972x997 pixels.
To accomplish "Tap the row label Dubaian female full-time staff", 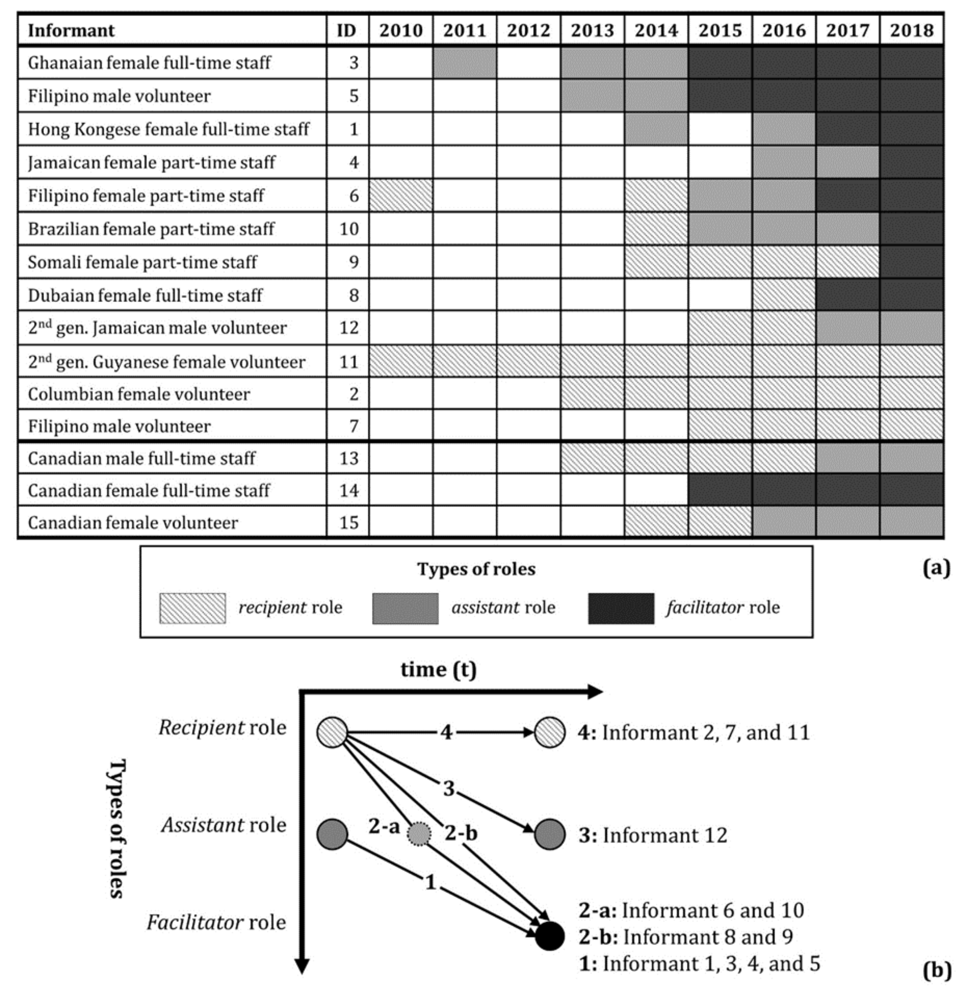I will (145, 295).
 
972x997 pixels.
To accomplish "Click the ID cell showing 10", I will (348, 229).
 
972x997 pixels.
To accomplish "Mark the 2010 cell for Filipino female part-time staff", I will (401, 196).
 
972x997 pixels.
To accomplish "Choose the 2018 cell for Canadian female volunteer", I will (911, 522).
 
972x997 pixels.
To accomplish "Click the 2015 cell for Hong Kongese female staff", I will (720, 129).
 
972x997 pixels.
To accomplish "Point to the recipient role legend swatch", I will (192, 608).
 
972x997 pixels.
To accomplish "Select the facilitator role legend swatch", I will (621, 608).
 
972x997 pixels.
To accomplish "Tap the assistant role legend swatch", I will (405, 608).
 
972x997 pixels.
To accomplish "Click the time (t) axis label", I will (438, 669).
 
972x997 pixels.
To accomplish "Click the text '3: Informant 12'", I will (652, 835).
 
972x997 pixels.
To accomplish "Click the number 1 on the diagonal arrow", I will (431, 882).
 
